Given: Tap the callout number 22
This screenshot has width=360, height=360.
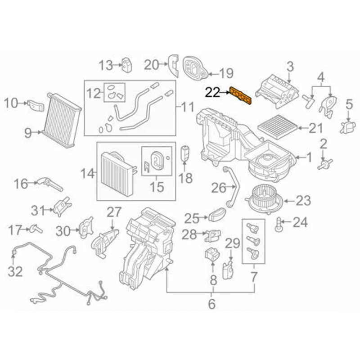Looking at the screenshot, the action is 213,93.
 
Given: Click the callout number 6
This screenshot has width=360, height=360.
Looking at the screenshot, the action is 212,304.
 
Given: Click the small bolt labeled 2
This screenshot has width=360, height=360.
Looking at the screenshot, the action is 322,164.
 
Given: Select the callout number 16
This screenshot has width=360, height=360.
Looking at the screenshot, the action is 21,183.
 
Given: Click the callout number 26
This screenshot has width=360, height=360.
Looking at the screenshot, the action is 218,188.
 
